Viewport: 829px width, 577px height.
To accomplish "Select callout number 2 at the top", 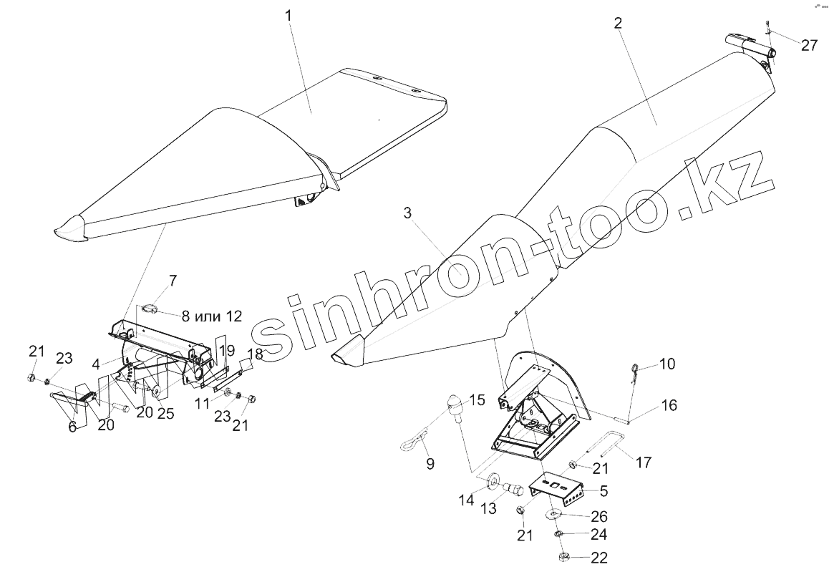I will (618, 22).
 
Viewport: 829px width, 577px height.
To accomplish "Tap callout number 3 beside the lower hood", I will (407, 213).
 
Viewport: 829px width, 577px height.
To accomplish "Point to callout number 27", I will (809, 46).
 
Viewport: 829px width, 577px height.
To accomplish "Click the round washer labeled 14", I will (493, 480).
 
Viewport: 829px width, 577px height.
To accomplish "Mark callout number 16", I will (669, 405).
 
